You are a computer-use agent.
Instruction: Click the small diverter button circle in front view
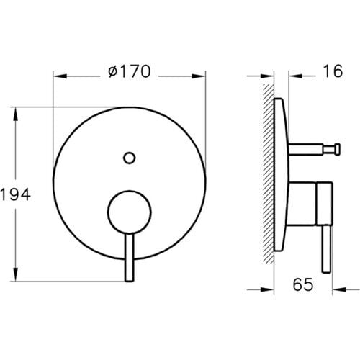[x=130, y=156]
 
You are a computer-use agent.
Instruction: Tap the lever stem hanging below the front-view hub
[x=129, y=256]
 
